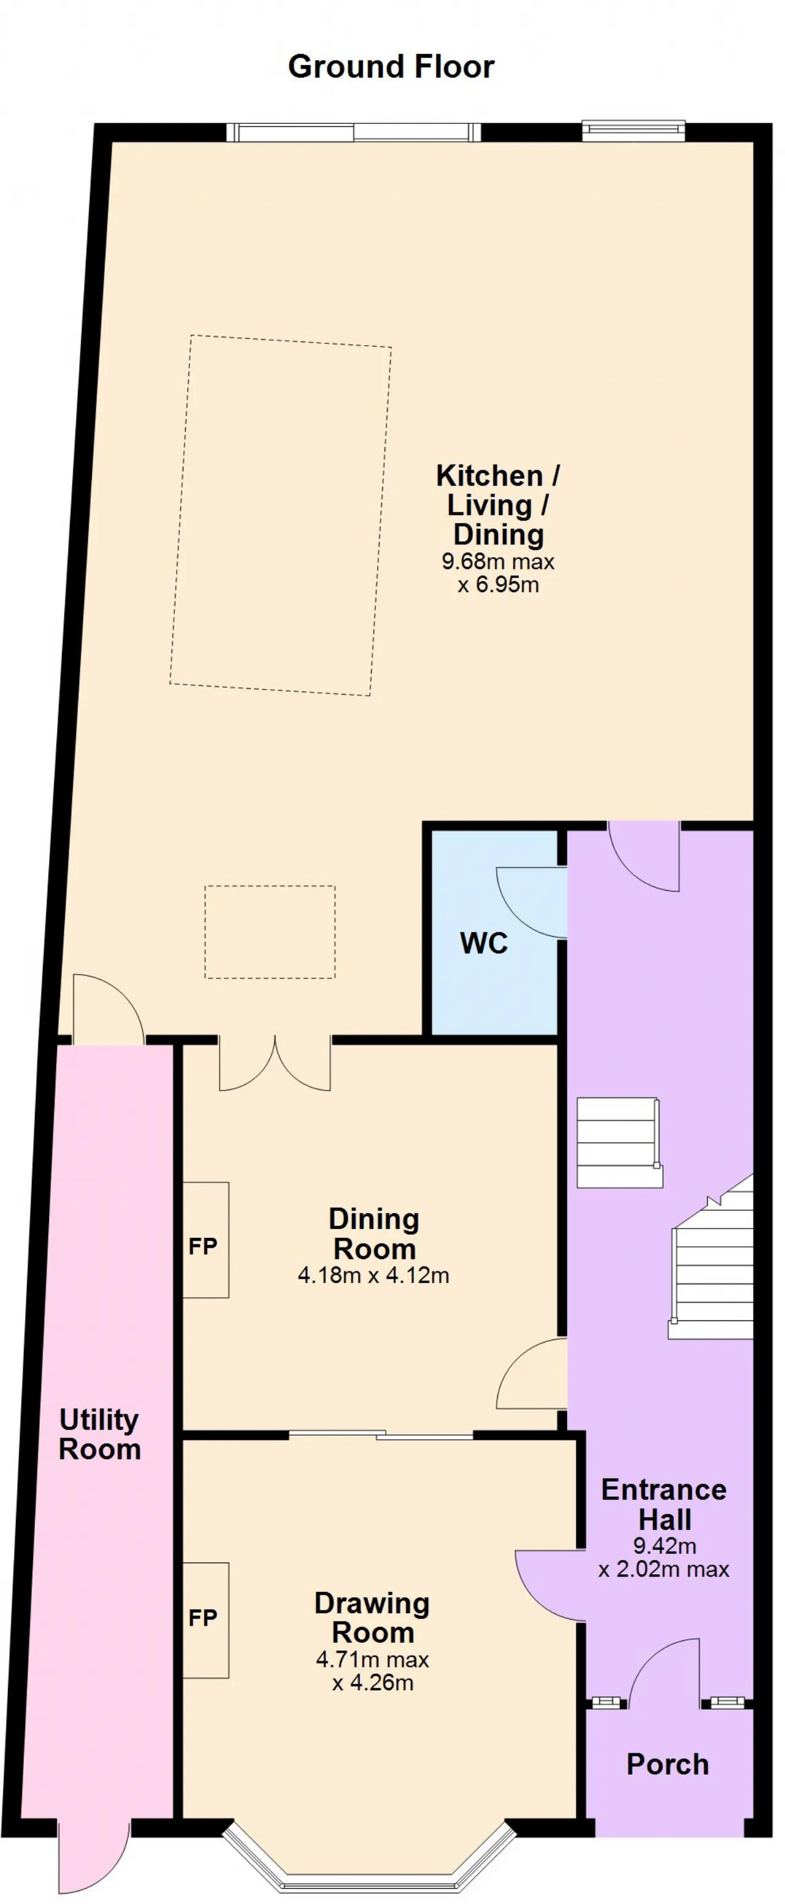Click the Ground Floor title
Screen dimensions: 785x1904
point(391,67)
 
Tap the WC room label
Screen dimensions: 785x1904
point(484,944)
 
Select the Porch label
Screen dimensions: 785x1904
point(667,1765)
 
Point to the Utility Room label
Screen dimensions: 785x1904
point(99,1434)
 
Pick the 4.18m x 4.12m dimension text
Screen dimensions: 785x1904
point(373,1275)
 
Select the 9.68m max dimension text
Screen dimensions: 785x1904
point(497,562)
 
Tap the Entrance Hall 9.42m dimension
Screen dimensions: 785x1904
point(665,1545)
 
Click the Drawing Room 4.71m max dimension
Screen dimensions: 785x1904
point(372,1660)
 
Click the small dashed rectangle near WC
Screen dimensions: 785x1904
point(270,932)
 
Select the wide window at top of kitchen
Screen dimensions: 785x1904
point(353,132)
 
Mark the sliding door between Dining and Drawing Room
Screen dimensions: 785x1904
point(381,1434)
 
